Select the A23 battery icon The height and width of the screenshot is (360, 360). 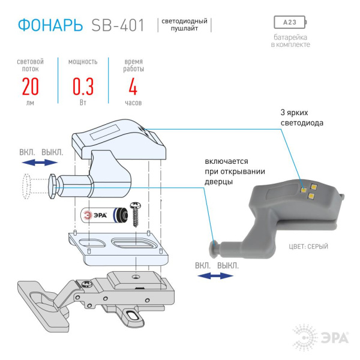(x=290, y=23)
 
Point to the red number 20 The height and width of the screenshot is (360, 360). (x=30, y=87)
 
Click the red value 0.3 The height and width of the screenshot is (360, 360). (x=83, y=87)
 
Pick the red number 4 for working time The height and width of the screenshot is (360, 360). (x=133, y=87)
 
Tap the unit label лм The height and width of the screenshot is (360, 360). (x=30, y=103)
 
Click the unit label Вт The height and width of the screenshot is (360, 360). (x=83, y=103)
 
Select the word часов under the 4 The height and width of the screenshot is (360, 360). (x=133, y=103)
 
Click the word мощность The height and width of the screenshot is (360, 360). (x=83, y=61)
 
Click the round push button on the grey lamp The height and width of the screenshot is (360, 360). (x=213, y=246)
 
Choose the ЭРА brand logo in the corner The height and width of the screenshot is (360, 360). (x=321, y=337)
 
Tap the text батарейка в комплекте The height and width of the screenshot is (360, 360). (x=290, y=41)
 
